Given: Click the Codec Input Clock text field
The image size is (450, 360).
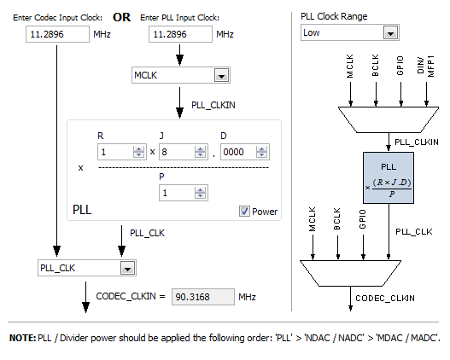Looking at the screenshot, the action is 57,34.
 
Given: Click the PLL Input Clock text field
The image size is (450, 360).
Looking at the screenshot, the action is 180,34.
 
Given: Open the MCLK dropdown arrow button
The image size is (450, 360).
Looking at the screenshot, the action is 221,75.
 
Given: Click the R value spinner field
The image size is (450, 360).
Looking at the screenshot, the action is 122,152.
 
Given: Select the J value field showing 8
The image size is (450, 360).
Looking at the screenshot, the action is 184,152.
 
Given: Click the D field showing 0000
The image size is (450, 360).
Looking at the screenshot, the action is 245,152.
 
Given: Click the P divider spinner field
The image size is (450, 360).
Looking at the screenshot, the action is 184,193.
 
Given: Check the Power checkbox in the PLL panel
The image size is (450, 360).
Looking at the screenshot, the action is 244,212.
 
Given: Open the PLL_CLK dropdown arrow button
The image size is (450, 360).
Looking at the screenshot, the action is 128,268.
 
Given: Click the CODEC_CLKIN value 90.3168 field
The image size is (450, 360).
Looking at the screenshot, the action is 203,297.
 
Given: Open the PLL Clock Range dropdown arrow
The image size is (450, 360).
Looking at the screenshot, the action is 390,32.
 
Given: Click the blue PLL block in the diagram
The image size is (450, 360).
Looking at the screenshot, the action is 389,177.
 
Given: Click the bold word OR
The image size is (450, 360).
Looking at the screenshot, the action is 122,17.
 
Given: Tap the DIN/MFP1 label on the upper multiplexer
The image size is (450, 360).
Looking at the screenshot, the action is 426,67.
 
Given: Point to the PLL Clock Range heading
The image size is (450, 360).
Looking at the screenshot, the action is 334,16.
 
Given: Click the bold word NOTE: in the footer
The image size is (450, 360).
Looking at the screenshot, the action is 23,338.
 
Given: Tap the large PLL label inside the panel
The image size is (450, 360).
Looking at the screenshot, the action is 82,210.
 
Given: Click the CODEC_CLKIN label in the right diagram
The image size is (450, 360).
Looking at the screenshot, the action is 385,299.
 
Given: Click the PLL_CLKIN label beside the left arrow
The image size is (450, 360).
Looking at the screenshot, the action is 213,105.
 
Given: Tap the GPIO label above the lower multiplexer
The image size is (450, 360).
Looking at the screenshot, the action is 362,219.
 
